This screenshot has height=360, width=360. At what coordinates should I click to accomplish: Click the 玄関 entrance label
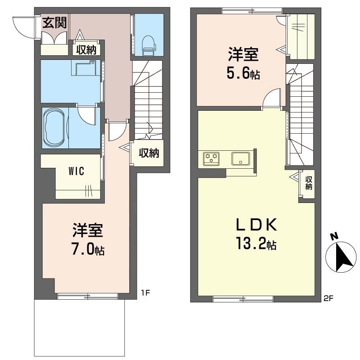tap(54, 23)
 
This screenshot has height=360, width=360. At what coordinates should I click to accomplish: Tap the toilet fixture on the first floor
tap(149, 45)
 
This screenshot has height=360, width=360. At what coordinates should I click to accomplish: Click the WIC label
tap(76, 171)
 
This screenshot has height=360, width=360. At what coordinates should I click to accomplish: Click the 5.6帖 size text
tap(243, 72)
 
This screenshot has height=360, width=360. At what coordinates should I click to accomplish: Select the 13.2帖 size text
tap(256, 243)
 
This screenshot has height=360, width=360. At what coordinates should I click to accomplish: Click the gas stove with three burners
tap(211, 158)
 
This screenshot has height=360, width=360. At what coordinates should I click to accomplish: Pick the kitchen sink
tap(240, 159)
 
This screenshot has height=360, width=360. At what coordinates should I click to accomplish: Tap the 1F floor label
tap(145, 293)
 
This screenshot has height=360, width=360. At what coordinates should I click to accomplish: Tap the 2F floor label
tap(328, 298)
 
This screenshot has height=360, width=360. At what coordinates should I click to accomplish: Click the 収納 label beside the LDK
tap(309, 183)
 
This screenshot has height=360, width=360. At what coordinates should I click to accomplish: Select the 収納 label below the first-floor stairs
tap(149, 153)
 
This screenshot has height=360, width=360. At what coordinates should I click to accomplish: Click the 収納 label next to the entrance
tap(86, 49)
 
